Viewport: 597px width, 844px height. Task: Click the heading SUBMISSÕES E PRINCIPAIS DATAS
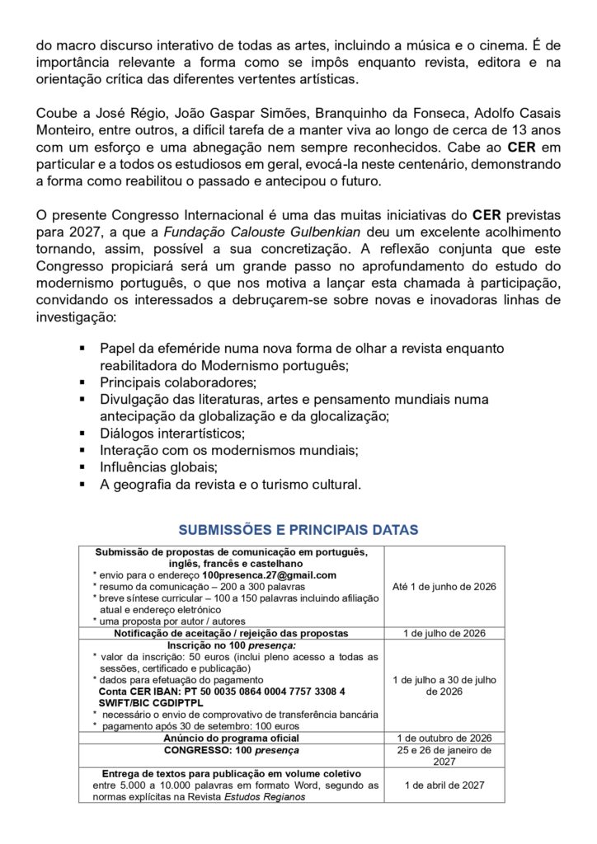[298, 527]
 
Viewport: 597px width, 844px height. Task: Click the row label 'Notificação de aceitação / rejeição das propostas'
[230, 632]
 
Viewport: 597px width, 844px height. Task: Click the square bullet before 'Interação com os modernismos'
[82, 449]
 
